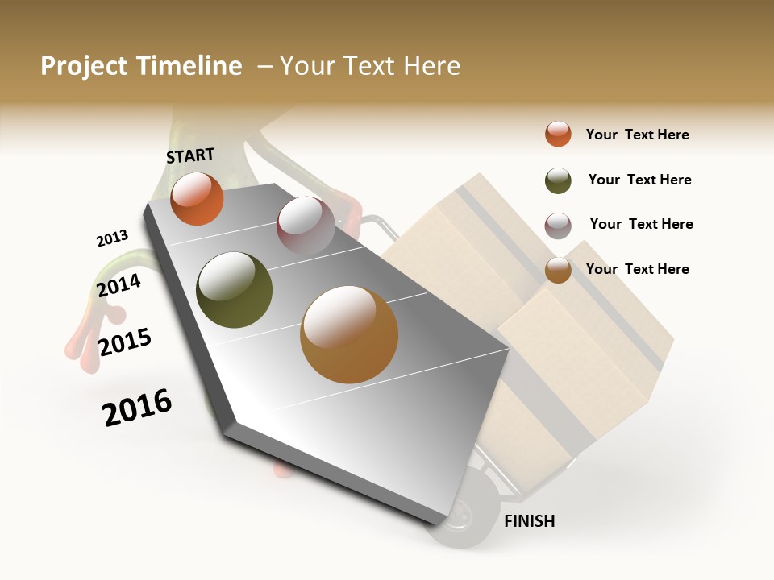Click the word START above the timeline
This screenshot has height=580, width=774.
(190, 155)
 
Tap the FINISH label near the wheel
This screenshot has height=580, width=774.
(529, 521)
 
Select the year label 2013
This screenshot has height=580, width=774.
(112, 238)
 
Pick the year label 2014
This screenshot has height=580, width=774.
(119, 286)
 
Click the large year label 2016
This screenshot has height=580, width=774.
(137, 408)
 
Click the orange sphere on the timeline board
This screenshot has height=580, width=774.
(197, 198)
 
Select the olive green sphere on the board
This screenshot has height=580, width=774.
(234, 290)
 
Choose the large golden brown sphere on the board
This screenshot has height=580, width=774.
(349, 334)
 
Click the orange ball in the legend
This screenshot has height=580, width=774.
(558, 134)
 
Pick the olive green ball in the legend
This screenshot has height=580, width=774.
(558, 180)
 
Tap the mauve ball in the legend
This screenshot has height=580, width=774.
(558, 226)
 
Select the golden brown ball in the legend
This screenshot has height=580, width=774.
(558, 270)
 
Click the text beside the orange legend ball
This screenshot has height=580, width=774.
(637, 135)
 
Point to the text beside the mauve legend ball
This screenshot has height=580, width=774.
(641, 224)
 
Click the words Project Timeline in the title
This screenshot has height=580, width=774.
(141, 66)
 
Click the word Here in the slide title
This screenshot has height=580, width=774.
(431, 66)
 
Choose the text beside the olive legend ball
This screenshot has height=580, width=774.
(639, 180)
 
